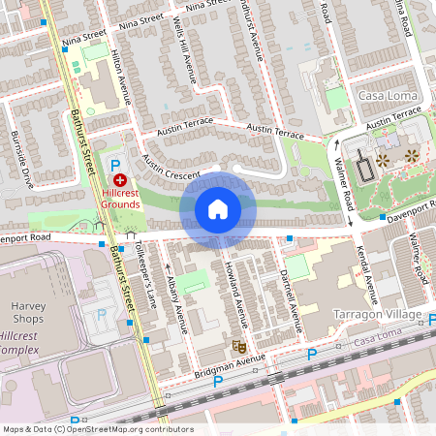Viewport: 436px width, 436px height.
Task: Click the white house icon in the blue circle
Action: [x=218, y=209]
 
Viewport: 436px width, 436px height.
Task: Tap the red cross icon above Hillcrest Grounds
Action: [x=120, y=180]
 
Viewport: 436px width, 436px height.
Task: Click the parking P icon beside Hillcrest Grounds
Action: [x=115, y=166]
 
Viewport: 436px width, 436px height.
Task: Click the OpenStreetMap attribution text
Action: [x=98, y=429]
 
